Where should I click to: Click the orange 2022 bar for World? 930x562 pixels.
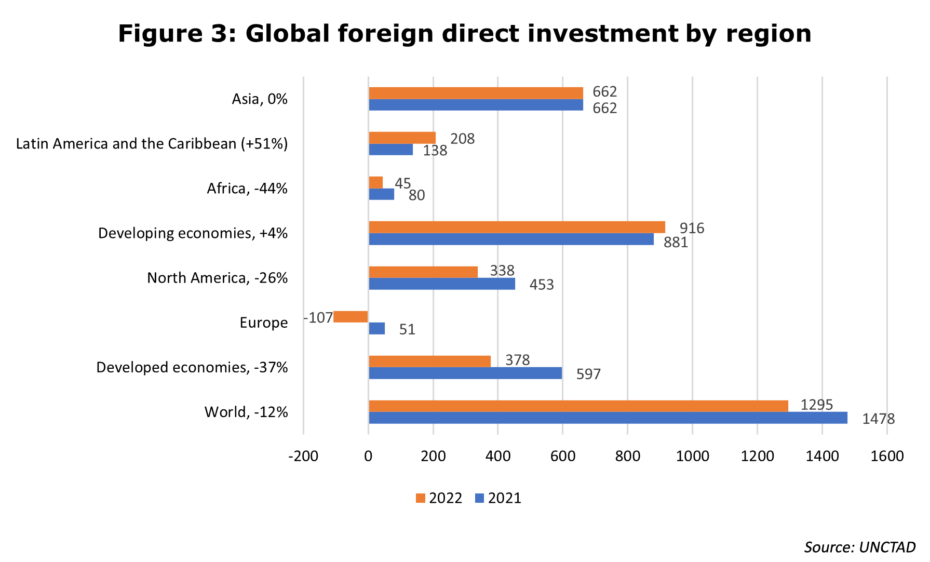pos(578,406)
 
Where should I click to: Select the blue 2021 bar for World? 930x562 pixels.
pos(608,418)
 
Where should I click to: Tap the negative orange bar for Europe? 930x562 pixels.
pos(351,317)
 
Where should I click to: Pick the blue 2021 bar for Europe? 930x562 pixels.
pos(376,329)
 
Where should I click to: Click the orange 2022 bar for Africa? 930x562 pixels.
pos(375,183)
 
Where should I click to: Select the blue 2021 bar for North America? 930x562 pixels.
pos(441,284)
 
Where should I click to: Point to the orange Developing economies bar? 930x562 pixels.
pos(517,228)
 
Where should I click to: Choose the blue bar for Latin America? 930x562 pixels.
pos(390,150)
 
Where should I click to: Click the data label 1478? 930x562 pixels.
pos(878,419)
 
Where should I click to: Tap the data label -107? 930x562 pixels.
pos(318,318)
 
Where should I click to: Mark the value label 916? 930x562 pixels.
pos(692,228)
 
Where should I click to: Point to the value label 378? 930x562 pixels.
pos(517,360)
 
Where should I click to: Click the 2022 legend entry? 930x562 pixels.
pos(439,498)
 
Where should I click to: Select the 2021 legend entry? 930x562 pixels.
pos(498,498)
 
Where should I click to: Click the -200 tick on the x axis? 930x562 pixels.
pos(303,456)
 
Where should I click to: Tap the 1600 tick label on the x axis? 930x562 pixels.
pos(887,456)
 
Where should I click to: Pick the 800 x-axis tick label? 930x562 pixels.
pos(627,456)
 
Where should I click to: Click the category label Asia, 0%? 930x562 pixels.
pos(259,99)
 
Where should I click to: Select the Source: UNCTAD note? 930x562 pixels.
pos(859,547)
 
